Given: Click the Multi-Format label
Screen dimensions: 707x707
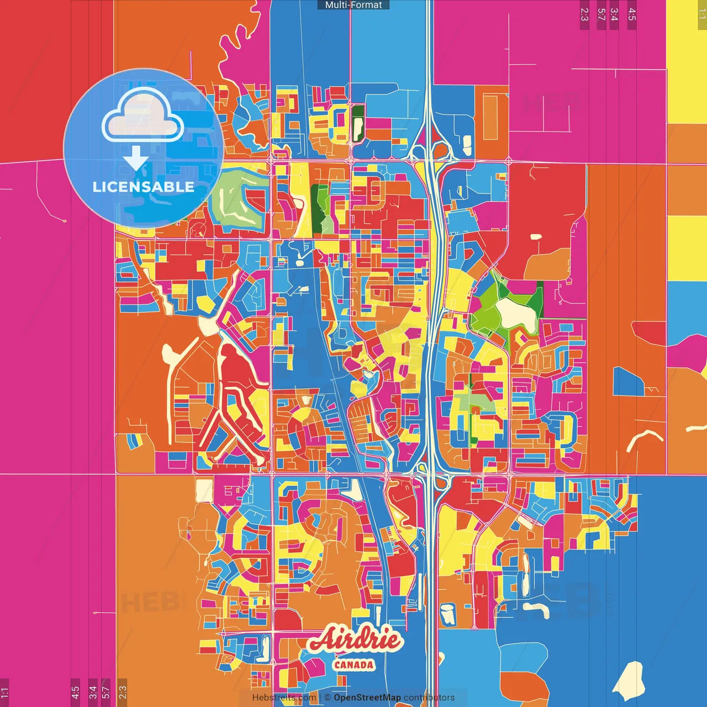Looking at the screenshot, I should tap(353, 5).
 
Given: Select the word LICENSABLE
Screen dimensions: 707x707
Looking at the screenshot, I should tap(144, 187).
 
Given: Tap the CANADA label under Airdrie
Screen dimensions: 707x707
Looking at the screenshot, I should tap(354, 665).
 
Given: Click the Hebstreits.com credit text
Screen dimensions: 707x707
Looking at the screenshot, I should tap(284, 698).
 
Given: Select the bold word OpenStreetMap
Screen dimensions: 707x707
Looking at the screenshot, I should tap(367, 698).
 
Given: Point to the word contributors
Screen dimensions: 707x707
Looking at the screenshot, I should tap(429, 698).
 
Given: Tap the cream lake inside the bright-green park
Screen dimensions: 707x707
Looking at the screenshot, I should tap(516, 313).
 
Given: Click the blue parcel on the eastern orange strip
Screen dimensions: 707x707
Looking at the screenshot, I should tap(627, 382).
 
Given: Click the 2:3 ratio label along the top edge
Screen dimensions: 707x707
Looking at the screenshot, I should tap(584, 14).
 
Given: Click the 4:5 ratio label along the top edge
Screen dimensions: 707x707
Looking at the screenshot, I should tap(631, 14).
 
